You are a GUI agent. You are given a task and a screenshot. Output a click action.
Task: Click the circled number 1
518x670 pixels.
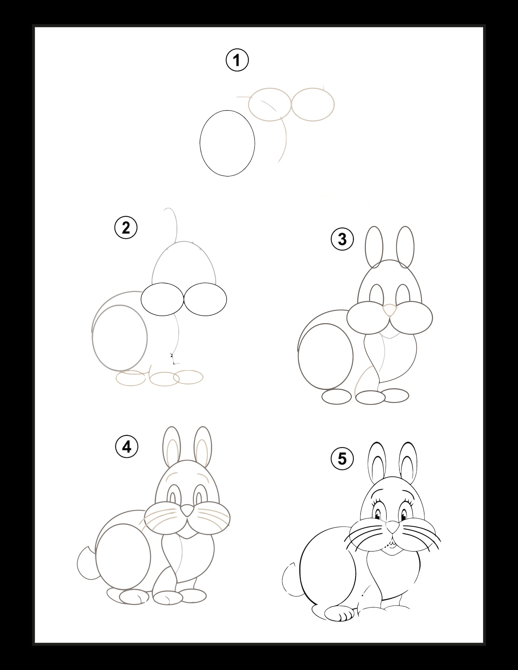(x=237, y=60)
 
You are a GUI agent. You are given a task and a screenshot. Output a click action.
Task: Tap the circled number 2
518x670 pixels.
(x=126, y=228)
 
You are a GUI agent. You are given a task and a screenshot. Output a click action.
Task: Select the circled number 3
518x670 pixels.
(x=342, y=239)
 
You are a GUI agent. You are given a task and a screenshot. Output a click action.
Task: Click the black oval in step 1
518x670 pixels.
(x=227, y=143)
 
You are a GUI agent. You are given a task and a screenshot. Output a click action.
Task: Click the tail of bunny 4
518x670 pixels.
(x=86, y=563)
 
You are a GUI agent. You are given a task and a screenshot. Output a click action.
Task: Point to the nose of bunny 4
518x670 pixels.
(x=187, y=510)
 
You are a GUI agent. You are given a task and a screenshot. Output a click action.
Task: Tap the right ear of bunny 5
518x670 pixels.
(x=408, y=462)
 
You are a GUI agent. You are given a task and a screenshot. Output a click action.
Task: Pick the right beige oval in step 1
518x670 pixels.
(x=313, y=104)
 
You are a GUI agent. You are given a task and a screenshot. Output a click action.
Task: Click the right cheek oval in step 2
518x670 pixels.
(x=205, y=299)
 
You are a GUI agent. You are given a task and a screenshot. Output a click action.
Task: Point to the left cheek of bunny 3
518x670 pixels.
(x=368, y=318)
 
